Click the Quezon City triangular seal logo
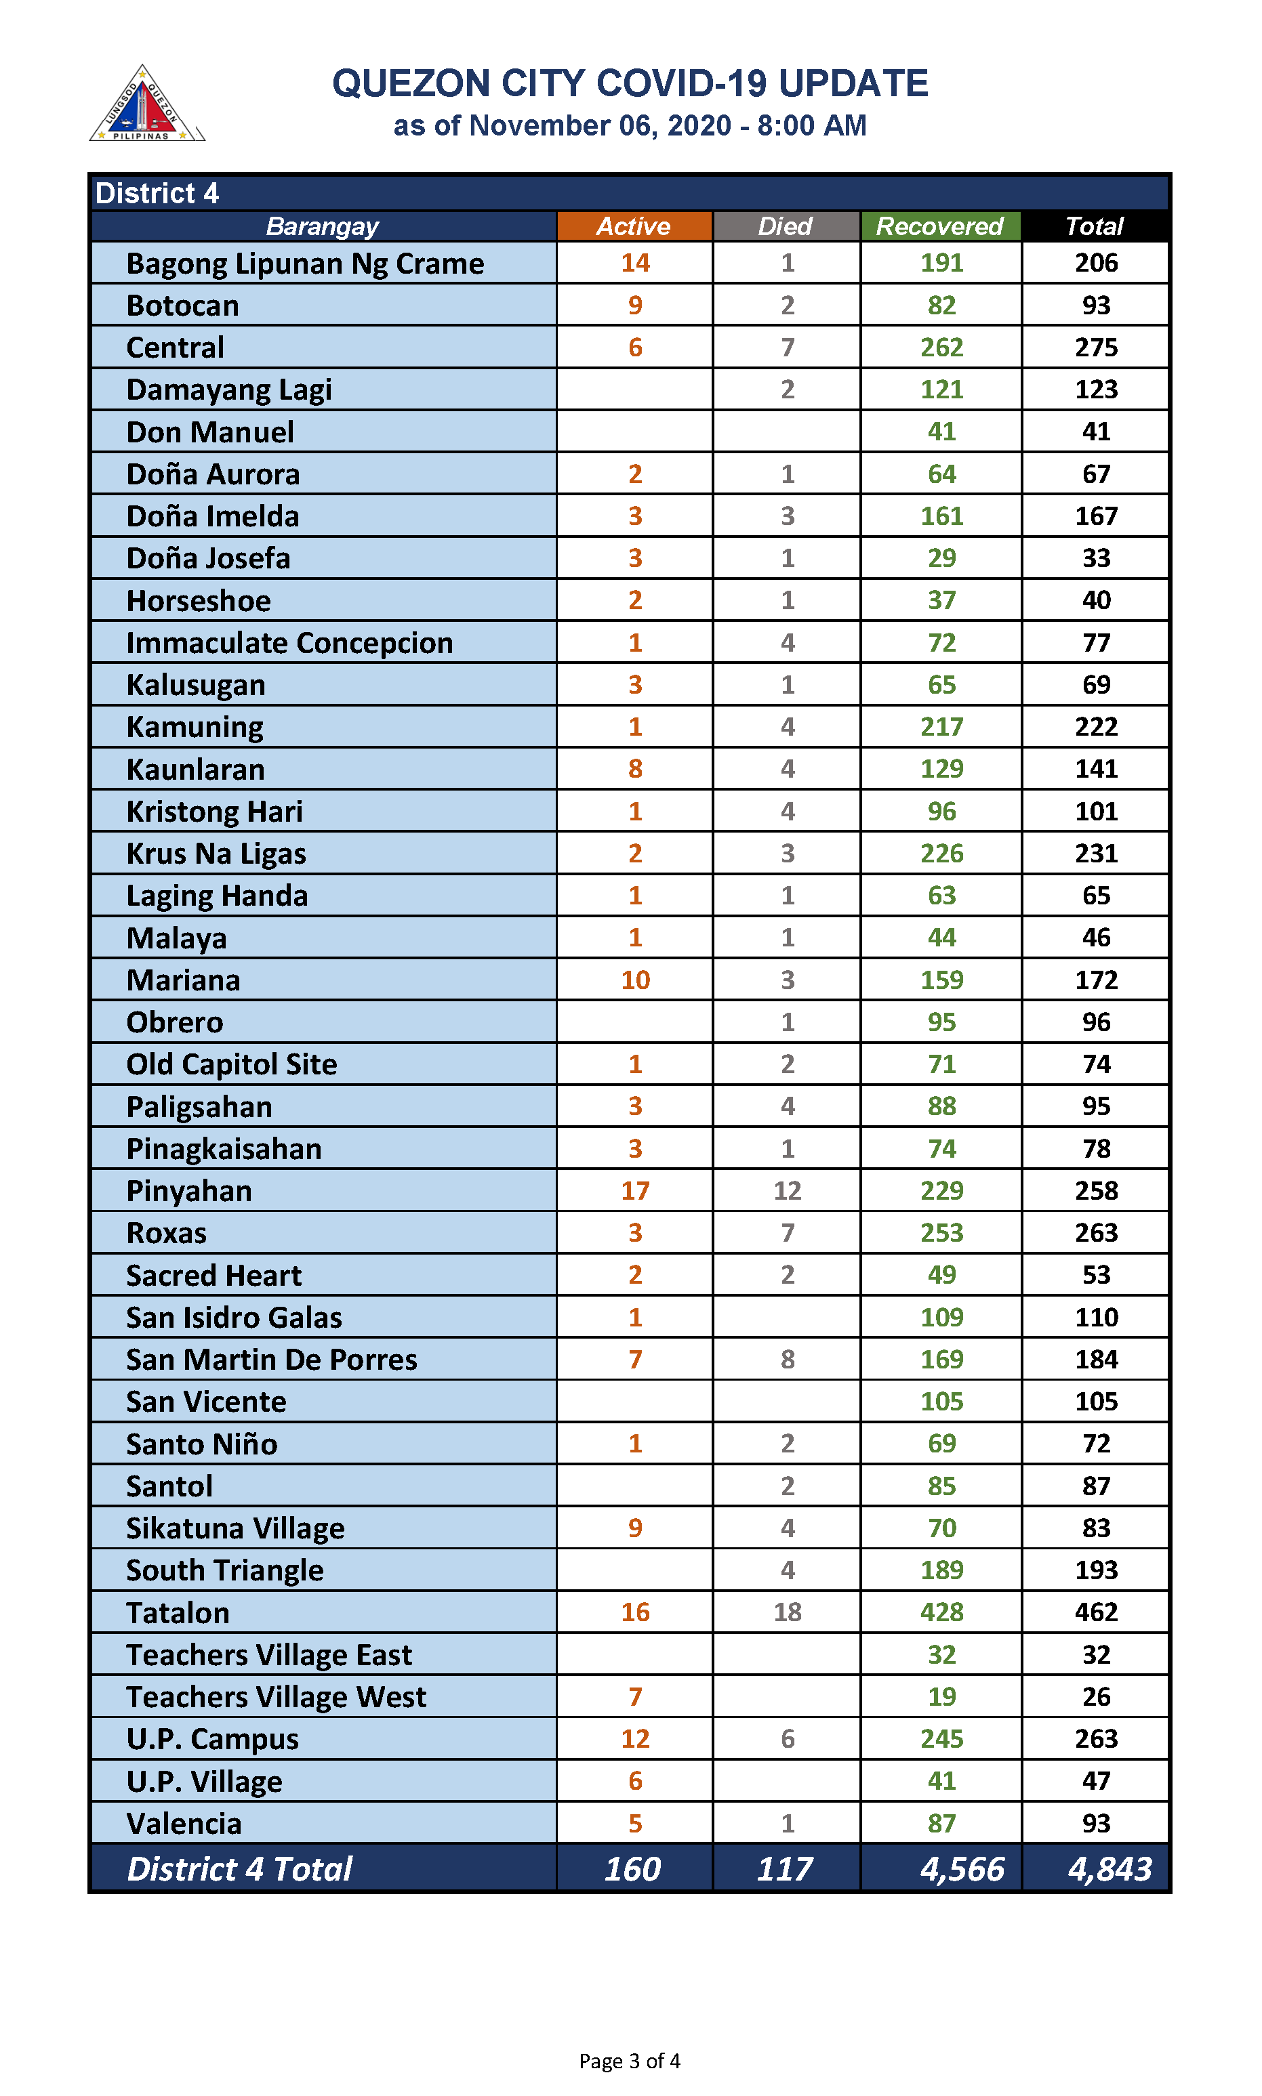pos(146,104)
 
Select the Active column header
pos(634,226)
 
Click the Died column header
pos(786,226)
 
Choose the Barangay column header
pos(323,226)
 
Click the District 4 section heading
pos(157,193)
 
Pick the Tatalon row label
pos(178,1612)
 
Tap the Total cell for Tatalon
pos(1095,1612)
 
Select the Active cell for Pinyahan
pos(634,1190)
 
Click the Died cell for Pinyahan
pos(787,1190)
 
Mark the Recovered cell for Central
pos(941,347)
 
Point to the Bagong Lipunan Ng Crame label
pos(304,264)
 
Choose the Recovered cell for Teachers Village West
pos(941,1696)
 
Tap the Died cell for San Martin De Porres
pos(787,1359)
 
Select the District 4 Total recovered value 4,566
pos(962,1868)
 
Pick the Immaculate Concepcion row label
pos(289,643)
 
